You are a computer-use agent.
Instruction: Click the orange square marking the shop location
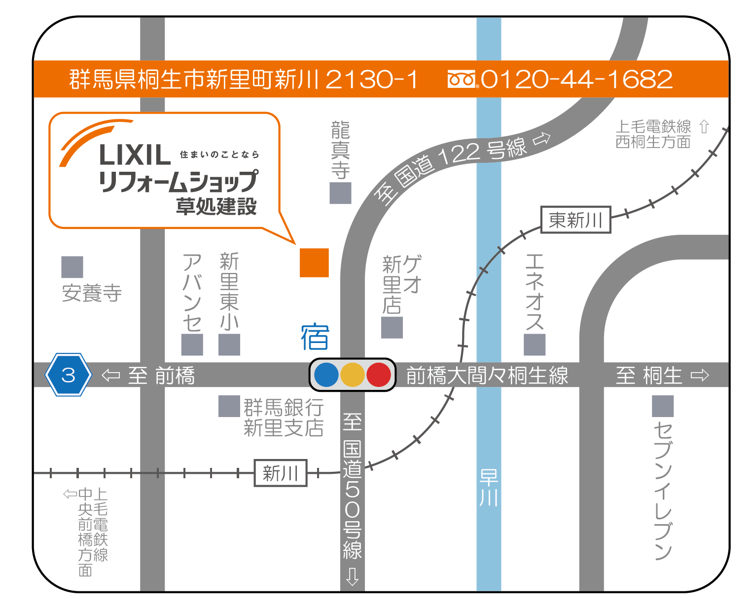pos(314,263)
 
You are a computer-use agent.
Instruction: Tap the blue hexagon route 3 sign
pos(68,375)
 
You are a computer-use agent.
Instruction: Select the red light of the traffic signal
pos(379,375)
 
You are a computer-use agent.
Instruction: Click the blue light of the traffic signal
pos(326,375)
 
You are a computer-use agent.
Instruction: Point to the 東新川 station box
pos(575,220)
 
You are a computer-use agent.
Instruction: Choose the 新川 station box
pos(280,473)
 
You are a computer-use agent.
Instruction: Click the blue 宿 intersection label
pos(315,337)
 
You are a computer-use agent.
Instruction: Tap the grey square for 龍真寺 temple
pos(340,193)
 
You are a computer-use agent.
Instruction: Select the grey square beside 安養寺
pos(72,267)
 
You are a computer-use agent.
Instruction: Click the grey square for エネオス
pos(535,344)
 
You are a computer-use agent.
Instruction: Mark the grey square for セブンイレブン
pos(663,406)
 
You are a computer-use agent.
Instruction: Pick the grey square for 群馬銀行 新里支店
pos(229,406)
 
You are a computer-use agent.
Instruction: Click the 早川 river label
pos(489,488)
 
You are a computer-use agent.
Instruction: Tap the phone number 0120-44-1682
pos(576,79)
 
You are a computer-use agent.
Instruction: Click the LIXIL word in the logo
pos(135,155)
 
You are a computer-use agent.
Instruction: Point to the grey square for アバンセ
pos(192,344)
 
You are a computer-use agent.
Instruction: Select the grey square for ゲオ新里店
pos(392,327)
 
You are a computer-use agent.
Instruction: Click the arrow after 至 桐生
pos(700,376)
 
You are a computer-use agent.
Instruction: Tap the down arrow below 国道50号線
pos(352,576)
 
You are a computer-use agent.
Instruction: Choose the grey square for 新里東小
pos(229,344)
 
